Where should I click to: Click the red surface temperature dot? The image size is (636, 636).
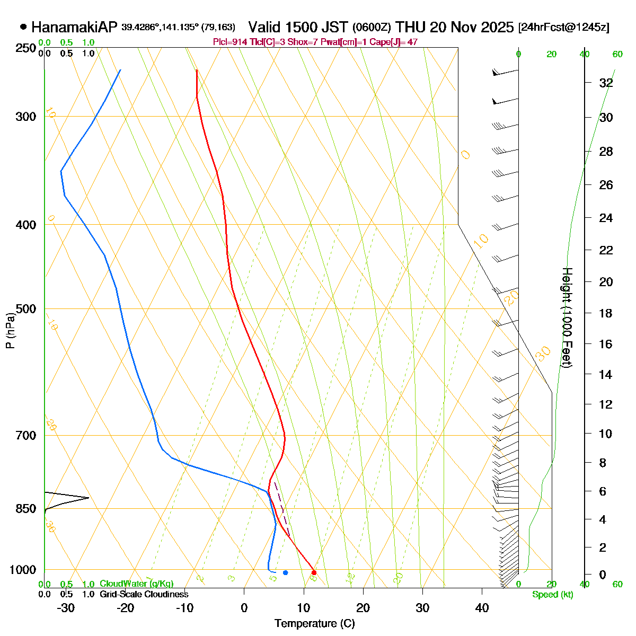[314, 572]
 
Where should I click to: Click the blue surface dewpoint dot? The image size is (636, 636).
[285, 572]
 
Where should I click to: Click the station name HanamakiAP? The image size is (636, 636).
[74, 28]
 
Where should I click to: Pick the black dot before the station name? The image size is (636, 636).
[23, 27]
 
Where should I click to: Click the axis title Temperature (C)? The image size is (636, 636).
[315, 623]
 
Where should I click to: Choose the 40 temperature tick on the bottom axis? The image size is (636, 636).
[482, 608]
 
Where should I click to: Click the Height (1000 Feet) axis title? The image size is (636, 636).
[567, 317]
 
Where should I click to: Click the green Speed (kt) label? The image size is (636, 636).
[553, 595]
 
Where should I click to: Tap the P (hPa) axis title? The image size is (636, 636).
[10, 330]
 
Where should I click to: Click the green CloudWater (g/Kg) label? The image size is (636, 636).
[137, 584]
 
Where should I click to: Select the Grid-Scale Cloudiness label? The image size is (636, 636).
[144, 595]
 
